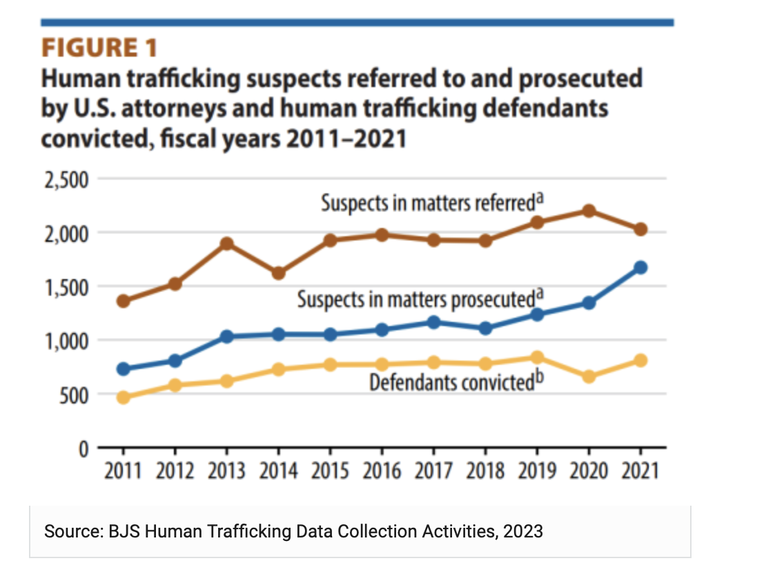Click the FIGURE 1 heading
[x=100, y=48]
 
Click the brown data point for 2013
[x=227, y=244]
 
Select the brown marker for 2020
[x=589, y=211]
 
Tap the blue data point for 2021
[x=640, y=267]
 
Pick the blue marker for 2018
[x=485, y=328]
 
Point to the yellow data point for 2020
[x=589, y=376]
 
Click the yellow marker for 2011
[x=124, y=397]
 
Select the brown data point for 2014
[x=279, y=273]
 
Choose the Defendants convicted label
[x=453, y=382]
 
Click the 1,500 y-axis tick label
[x=66, y=287]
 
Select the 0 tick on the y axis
[x=84, y=449]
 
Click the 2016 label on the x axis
[x=382, y=472]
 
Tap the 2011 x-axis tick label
[x=124, y=472]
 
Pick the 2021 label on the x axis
[x=640, y=472]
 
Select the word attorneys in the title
[x=150, y=109]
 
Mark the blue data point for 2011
[x=124, y=369]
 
